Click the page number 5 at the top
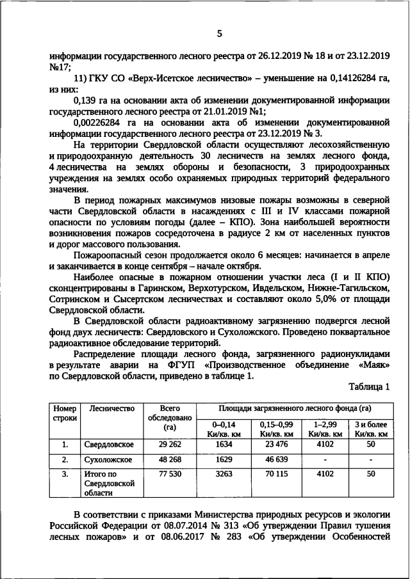[219, 33]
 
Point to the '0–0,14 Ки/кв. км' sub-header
[224, 429]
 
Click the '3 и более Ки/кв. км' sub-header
[371, 429]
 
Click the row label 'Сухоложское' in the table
[108, 460]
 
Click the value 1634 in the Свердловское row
[224, 444]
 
